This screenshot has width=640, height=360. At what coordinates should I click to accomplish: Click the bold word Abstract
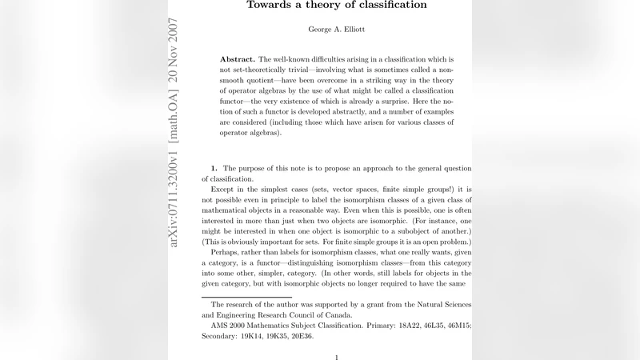(x=238, y=60)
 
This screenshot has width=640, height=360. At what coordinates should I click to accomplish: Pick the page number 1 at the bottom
(x=337, y=357)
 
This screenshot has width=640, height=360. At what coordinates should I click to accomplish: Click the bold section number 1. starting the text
(x=214, y=168)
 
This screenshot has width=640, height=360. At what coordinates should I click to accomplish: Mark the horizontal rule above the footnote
(x=246, y=296)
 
